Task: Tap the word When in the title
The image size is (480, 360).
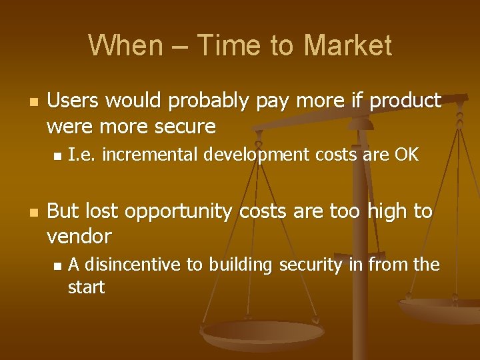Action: point(117,45)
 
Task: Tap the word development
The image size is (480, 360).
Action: point(257,156)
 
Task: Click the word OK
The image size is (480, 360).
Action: point(405,155)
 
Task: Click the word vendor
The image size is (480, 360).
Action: point(79,236)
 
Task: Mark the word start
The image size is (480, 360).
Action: point(87,287)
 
